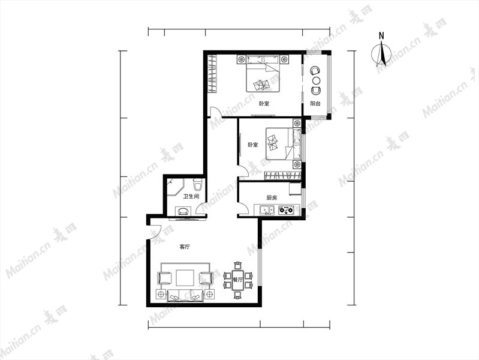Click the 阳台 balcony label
pos(315,104)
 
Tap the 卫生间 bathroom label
pos(191,196)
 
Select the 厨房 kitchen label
pos(272,198)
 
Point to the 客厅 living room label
pos(185,247)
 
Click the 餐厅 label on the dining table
pos(237,280)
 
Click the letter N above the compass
pos(381,36)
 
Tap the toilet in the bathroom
pos(198,185)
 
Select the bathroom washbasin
pos(183,211)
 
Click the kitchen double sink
pos(267,211)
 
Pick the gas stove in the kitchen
pos(286,210)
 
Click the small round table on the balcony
pos(317,80)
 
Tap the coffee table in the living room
pos(185,278)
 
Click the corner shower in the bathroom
pos(174,189)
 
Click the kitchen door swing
pos(243,208)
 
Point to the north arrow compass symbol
pos(381,55)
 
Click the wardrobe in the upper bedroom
pos(212,73)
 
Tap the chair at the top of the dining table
pos(237,265)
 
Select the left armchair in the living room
pos(165,278)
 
